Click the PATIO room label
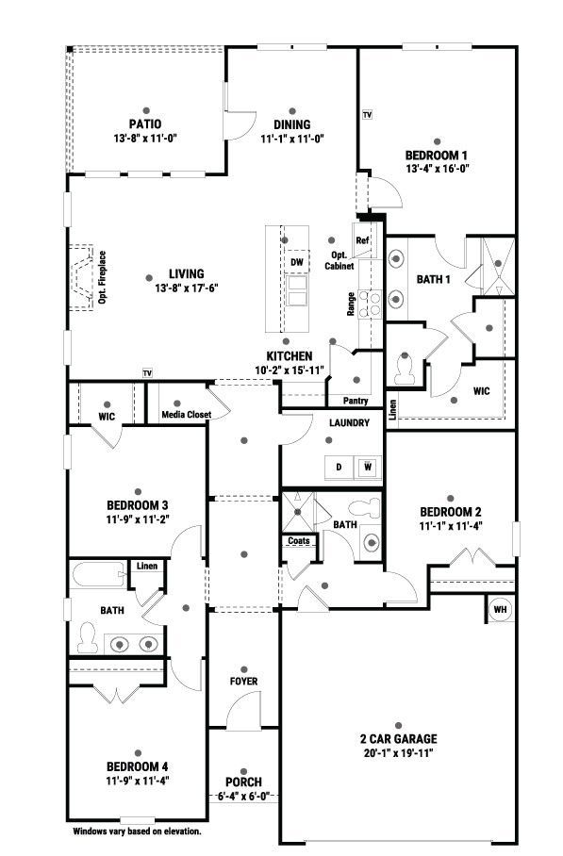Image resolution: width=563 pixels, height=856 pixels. point(145,123)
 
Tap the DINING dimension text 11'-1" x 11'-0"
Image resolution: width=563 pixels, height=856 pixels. point(292,138)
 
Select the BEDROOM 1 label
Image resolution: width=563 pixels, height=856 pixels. point(437,155)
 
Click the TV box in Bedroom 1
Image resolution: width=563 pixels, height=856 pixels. point(367,114)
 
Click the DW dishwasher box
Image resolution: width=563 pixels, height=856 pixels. point(297,261)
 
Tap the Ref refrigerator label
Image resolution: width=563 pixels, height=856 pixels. point(361,240)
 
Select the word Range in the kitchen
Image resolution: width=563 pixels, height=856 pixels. point(351,304)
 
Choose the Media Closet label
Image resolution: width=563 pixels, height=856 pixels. point(184,414)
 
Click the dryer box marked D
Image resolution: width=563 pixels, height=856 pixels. point(338,467)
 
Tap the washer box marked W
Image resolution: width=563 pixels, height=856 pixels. point(368,467)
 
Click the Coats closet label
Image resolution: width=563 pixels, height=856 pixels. point(299,541)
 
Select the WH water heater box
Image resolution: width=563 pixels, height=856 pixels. point(500,609)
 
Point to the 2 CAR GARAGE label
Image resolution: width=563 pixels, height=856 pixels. point(399,739)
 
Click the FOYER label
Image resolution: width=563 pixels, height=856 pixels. point(243,682)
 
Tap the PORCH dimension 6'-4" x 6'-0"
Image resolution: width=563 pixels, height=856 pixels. point(243,796)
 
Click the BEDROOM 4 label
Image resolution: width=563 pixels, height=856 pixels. point(138,765)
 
